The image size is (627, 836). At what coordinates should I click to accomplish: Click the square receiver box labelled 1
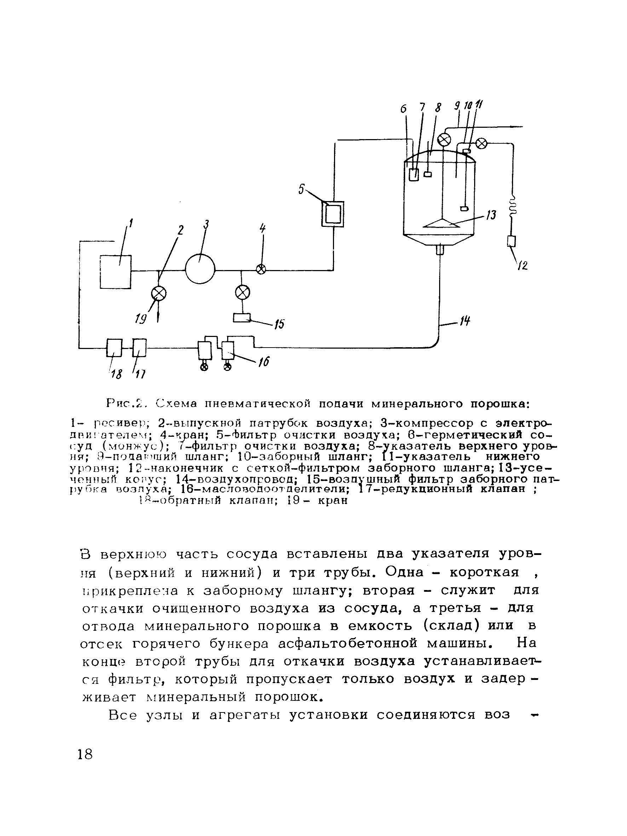(115, 271)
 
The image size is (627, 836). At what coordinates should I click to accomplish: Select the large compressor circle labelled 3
(200, 268)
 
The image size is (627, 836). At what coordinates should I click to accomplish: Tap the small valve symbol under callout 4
(261, 269)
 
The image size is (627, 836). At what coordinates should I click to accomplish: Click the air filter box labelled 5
(333, 213)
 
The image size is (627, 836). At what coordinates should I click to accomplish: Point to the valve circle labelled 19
(159, 293)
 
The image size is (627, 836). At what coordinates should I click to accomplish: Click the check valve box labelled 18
(114, 347)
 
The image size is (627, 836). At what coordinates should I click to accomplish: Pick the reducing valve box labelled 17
(139, 347)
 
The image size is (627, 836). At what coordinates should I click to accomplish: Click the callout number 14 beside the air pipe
(465, 322)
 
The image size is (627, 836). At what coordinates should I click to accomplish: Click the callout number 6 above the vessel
(403, 109)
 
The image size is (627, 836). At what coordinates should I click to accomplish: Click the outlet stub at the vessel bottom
(439, 250)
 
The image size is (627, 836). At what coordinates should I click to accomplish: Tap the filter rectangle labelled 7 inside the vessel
(414, 174)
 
